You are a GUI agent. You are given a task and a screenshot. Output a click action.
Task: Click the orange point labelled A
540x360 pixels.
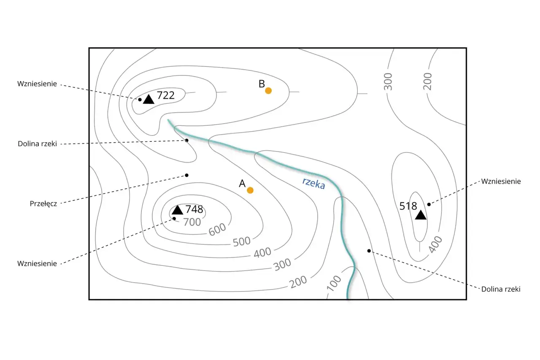250,190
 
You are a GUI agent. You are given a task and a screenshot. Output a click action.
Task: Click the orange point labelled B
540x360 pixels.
268,91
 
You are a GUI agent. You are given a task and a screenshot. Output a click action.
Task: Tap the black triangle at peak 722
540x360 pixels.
148,99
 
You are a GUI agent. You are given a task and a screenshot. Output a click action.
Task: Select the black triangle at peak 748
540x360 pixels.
178,210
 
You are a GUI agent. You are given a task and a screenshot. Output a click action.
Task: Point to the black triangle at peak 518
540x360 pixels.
421,214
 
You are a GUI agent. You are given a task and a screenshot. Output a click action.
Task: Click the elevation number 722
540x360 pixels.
166,95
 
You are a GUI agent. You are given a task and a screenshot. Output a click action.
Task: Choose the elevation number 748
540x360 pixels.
194,209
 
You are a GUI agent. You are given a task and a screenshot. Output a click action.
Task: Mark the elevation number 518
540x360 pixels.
408,206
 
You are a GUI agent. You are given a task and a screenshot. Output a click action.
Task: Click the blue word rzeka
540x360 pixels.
313,183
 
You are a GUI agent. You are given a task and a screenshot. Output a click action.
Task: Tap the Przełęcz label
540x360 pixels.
43,204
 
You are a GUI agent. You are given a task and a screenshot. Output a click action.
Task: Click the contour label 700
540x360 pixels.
192,222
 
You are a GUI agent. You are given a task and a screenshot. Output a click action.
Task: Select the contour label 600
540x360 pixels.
217,229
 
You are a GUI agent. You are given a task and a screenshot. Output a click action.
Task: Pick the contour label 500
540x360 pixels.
242,241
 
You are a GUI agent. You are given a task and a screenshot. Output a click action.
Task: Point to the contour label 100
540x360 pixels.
334,283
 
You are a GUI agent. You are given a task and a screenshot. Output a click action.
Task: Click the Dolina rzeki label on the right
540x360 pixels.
501,289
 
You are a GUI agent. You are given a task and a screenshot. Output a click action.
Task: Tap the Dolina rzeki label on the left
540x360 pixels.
38,144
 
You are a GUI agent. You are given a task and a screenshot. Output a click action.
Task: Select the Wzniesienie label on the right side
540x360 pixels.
501,181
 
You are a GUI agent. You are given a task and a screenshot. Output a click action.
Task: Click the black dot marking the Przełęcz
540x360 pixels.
186,175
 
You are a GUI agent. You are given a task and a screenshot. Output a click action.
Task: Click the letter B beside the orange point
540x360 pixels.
262,84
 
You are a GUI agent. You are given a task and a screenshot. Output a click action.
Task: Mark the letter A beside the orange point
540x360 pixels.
242,184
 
